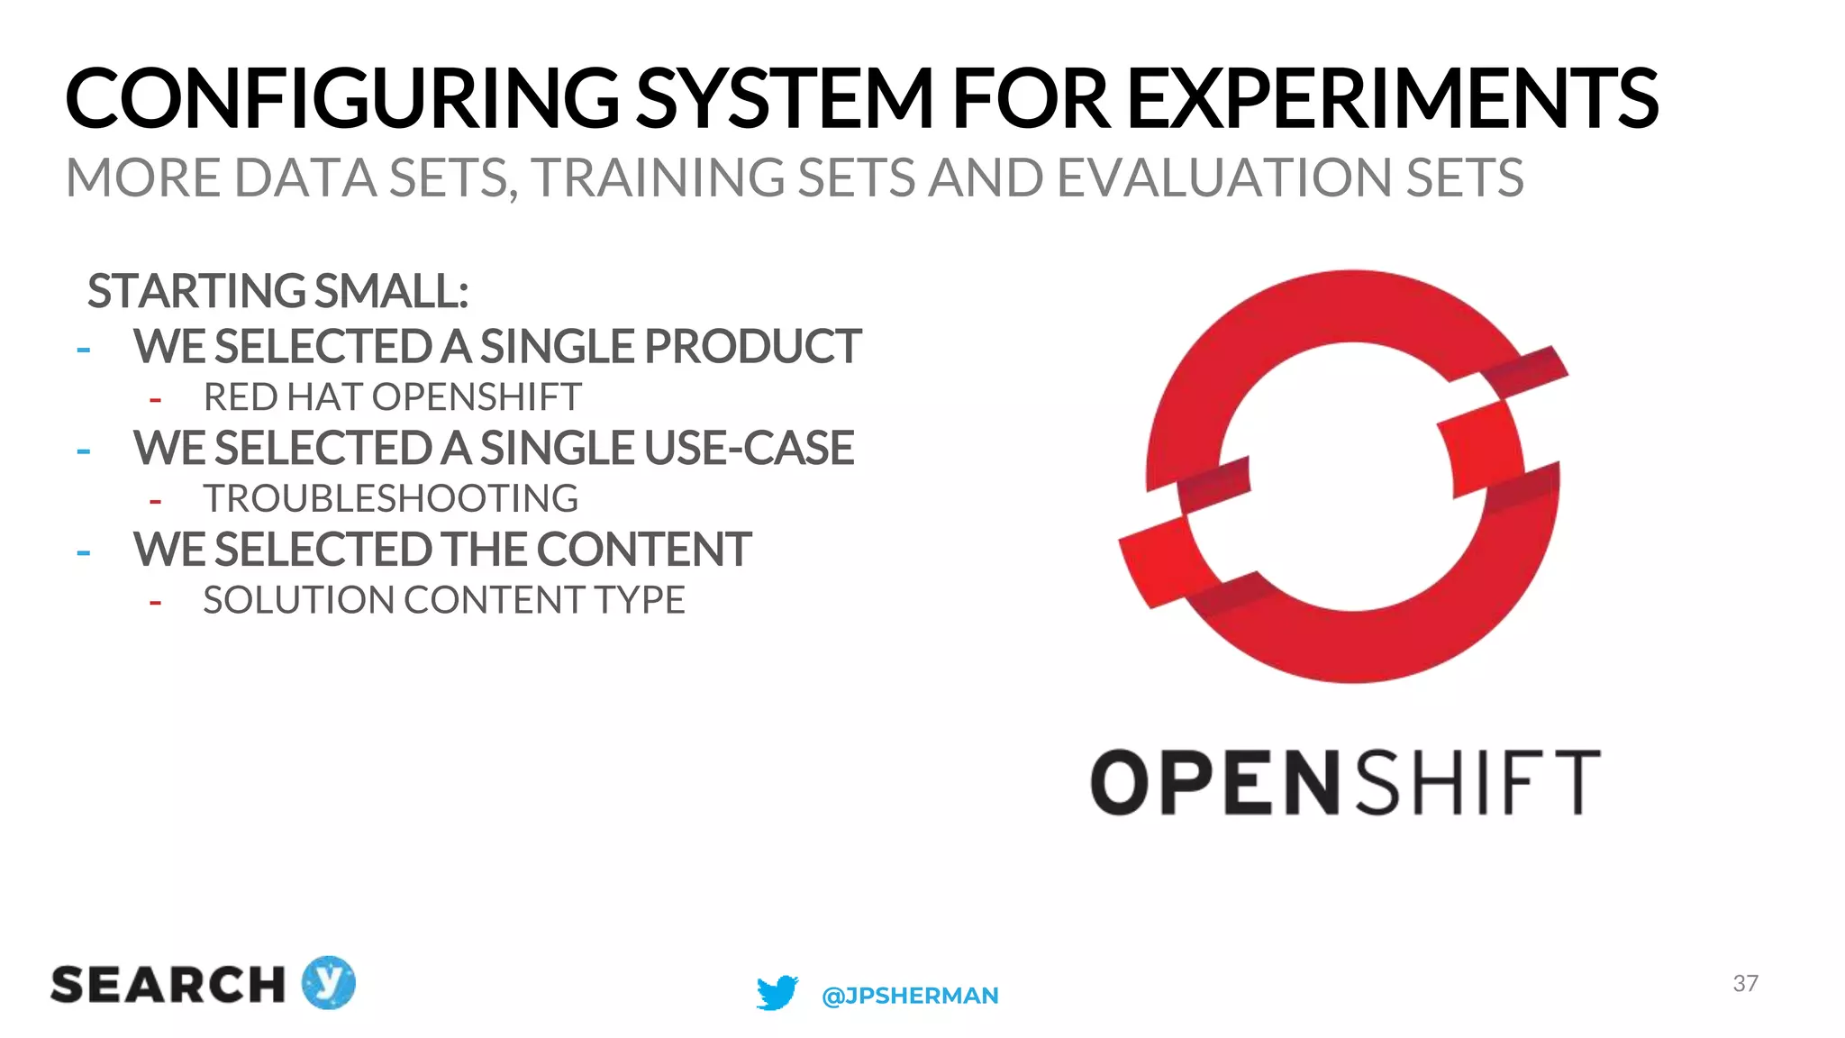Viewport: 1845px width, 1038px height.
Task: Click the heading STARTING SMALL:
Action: pos(277,291)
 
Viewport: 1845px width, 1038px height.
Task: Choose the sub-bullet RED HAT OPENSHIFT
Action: pos(393,397)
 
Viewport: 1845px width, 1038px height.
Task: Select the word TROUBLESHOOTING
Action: pos(391,498)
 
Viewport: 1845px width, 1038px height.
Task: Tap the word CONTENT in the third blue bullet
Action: pos(644,550)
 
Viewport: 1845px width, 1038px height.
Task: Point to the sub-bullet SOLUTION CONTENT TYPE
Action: pos(444,600)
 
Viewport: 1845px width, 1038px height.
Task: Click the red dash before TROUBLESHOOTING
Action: pos(156,501)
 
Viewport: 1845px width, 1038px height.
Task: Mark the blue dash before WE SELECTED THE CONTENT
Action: pos(84,551)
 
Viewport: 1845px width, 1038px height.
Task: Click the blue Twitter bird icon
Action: pos(777,993)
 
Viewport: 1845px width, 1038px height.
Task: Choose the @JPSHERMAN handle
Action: pos(910,996)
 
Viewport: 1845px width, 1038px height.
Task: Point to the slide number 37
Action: pos(1745,983)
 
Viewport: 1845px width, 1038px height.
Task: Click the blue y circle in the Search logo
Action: pos(329,982)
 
